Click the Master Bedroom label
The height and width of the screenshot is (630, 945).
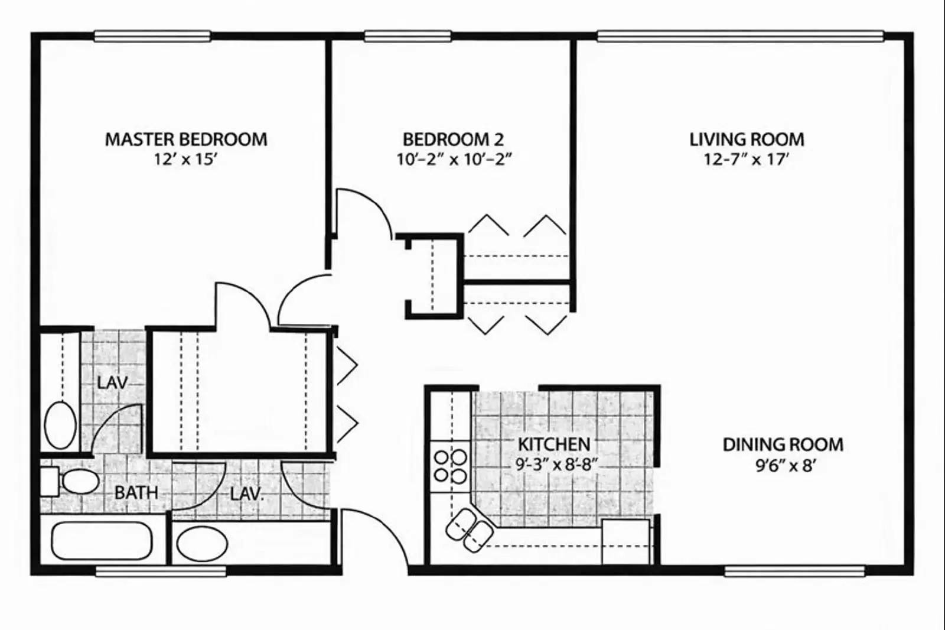(x=186, y=139)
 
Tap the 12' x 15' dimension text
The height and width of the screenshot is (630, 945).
(x=186, y=159)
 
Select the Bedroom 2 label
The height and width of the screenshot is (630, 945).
(x=453, y=139)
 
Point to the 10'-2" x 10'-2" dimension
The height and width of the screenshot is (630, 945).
(x=453, y=159)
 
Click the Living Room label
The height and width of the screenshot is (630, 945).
(x=747, y=139)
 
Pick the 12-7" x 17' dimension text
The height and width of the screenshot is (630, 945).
(x=747, y=159)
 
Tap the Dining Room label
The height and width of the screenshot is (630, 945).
(x=783, y=444)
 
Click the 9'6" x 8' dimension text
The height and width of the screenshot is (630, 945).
(x=785, y=466)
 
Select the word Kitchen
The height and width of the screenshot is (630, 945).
(x=554, y=444)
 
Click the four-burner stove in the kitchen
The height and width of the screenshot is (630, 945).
(x=450, y=466)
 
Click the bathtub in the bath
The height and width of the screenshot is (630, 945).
(x=101, y=541)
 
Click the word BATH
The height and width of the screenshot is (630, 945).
(x=136, y=492)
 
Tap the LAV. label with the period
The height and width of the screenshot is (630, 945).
(x=246, y=493)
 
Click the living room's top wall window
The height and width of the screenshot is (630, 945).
(x=740, y=37)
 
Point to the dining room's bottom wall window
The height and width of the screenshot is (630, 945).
(x=794, y=571)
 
